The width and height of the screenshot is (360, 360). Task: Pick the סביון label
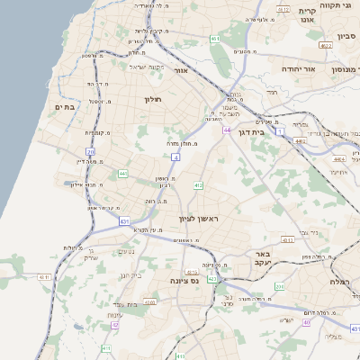(346, 37)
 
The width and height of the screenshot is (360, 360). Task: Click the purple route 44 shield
(228, 131)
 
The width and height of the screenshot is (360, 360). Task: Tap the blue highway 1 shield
(280, 131)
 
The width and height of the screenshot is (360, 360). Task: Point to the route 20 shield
(91, 151)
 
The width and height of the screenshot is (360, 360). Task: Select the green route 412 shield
(197, 185)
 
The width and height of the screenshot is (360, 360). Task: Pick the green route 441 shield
(122, 172)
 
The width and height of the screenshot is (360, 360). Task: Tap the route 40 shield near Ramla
(306, 321)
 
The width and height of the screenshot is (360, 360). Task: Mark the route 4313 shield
(287, 240)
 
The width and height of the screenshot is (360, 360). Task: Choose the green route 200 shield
(279, 287)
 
